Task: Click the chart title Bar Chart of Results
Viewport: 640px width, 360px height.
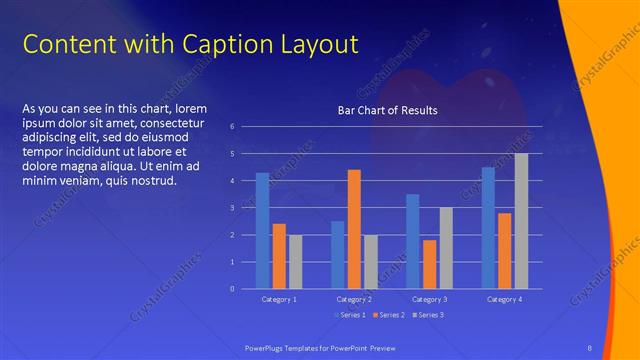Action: click(387, 110)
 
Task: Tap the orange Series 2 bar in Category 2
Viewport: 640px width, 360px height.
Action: click(354, 229)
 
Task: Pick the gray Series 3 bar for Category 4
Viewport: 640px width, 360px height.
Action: click(521, 221)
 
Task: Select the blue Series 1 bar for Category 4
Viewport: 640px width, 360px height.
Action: click(488, 227)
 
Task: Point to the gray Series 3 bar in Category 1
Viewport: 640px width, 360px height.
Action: click(295, 261)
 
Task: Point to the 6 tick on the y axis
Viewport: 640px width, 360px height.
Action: click(232, 127)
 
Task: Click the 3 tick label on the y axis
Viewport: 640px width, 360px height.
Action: click(232, 208)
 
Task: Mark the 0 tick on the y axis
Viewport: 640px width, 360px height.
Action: click(232, 289)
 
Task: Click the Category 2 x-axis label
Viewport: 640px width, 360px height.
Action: click(354, 300)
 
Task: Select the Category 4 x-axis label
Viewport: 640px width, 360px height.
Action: click(504, 300)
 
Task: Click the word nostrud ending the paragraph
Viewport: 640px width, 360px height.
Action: click(154, 180)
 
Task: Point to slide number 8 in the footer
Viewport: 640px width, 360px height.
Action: click(589, 347)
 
